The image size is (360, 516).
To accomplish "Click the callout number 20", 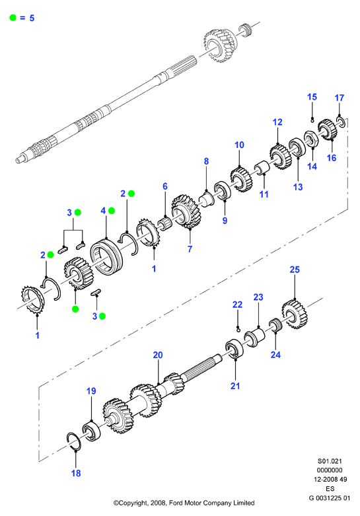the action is [x=158, y=355].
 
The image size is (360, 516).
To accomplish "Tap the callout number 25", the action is [x=295, y=270].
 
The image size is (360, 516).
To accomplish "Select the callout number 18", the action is [x=76, y=473].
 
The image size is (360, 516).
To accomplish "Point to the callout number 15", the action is [x=312, y=97].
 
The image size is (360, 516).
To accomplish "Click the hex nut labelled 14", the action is [x=310, y=139].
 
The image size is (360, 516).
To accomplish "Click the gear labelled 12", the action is [x=281, y=157].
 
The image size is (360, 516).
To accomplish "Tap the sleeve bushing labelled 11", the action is [x=262, y=168].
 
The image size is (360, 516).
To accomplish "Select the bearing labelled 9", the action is [x=223, y=190].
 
